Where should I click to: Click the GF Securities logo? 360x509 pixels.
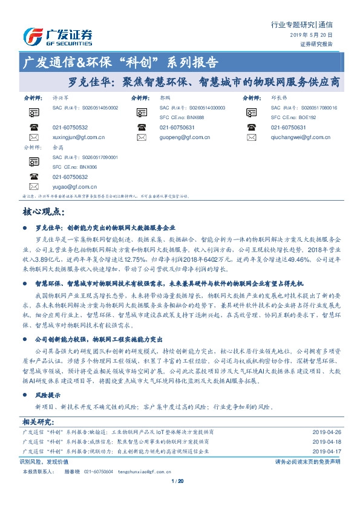pyautogui.click(x=57, y=36)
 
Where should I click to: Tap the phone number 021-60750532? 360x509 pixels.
pyautogui.click(x=70, y=128)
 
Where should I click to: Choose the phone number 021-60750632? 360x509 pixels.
pyautogui.click(x=70, y=177)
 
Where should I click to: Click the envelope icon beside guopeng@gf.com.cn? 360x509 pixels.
pyautogui.click(x=142, y=137)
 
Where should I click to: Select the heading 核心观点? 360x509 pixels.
pyautogui.click(x=43, y=212)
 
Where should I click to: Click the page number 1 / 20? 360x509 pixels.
pyautogui.click(x=180, y=498)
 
